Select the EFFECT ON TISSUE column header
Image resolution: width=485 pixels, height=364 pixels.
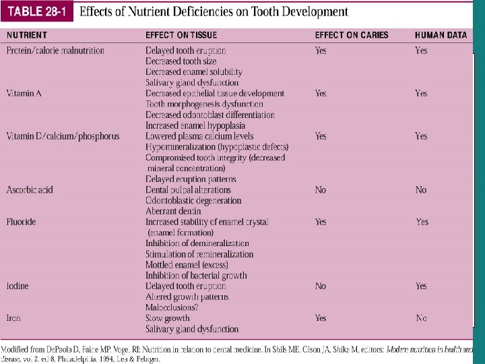point(181,34)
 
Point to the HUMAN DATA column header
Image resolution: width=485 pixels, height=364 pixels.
point(441,34)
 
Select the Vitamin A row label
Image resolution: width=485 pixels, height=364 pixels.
point(24,94)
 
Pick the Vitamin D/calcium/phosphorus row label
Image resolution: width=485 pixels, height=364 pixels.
point(63,136)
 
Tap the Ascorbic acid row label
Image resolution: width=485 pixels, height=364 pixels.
point(29,190)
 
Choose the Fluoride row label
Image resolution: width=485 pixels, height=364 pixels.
point(21,222)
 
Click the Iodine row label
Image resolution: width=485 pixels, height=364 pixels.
point(18,286)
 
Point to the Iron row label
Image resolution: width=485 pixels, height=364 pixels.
point(13,318)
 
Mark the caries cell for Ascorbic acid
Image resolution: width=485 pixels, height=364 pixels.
point(321,190)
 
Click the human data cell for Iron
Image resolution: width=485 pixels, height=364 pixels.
point(421,318)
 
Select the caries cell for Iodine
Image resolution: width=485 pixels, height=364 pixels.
point(321,286)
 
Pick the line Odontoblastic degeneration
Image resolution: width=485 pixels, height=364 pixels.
point(193,200)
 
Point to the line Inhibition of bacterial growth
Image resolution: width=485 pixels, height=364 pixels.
point(196,275)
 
